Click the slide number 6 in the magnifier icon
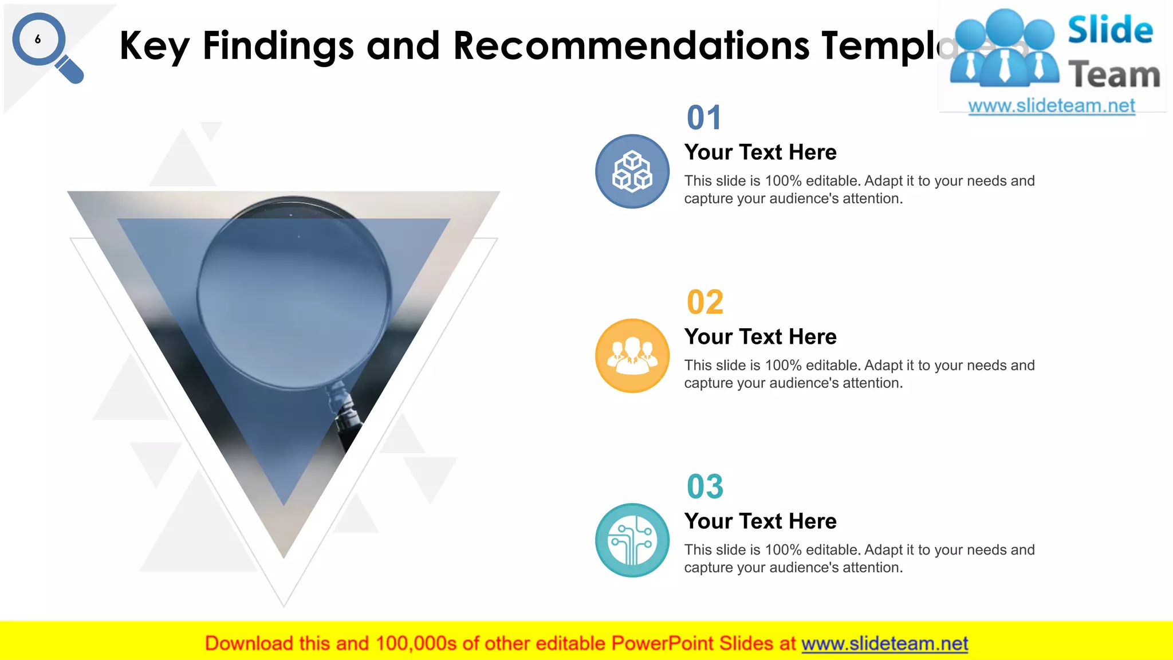coord(38,40)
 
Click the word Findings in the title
coord(278,46)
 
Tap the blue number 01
coord(704,118)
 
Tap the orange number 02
coord(705,302)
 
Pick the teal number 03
coord(705,487)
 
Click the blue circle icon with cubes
coord(632,171)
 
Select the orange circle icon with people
coord(632,356)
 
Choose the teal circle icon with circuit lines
coord(632,540)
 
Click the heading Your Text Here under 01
coord(760,152)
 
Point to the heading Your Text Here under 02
coord(760,337)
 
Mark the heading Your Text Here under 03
coord(760,521)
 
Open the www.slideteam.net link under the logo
coord(1051,106)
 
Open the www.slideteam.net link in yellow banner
coord(884,644)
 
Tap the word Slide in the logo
coord(1110,30)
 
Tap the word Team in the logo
coord(1114,75)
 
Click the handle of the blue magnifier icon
coord(70,70)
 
